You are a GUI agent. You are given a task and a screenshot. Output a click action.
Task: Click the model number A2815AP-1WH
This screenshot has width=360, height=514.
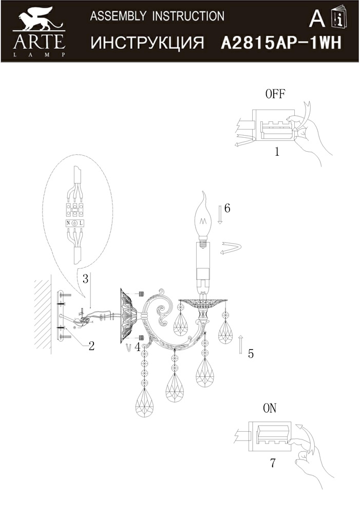coord(281,43)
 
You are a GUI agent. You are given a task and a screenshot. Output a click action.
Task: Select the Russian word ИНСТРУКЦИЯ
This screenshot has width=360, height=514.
coord(147,43)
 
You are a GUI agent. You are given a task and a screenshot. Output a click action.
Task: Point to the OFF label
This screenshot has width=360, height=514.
coord(275,94)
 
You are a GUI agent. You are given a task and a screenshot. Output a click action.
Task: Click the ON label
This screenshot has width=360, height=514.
coord(270,408)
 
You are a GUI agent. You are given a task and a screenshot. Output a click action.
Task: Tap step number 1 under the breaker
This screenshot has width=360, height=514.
coord(277,152)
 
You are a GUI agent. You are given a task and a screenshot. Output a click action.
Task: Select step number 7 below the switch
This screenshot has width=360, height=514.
coord(273,463)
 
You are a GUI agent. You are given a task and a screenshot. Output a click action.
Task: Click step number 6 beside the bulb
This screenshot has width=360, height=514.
coord(227,208)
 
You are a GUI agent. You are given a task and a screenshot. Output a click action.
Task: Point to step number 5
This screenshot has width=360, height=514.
coord(251,354)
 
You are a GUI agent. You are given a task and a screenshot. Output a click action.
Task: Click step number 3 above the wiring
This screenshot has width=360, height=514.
coord(85,279)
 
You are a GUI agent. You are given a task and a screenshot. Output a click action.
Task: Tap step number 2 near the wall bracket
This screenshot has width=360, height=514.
coord(91,345)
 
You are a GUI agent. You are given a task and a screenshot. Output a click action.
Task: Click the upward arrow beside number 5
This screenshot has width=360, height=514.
coord(240,345)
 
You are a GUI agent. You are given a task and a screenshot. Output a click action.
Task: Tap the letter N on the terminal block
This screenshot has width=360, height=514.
coord(68,223)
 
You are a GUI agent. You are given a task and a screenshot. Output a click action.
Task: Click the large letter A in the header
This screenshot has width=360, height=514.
coord(317,19)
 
